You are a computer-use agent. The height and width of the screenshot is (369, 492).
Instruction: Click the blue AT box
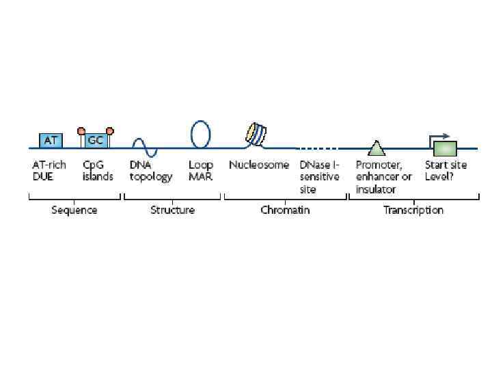point(51,140)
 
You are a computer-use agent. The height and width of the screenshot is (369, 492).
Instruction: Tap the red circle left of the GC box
point(81,130)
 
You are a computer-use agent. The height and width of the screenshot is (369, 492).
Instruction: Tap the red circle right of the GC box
point(109,130)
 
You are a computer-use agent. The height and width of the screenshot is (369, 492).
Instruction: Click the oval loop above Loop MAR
point(200,134)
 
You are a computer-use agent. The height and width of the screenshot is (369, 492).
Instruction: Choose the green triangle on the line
point(375,147)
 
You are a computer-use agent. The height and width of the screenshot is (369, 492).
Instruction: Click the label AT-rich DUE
point(49,171)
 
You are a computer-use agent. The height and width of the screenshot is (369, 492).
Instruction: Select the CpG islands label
point(98,171)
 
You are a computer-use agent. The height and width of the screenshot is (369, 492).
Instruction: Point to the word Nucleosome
point(259,165)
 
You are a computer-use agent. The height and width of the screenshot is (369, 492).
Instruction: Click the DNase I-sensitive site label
point(319,177)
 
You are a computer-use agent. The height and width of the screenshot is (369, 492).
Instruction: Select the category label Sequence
point(74,210)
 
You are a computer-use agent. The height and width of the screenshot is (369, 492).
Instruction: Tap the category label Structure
point(172,210)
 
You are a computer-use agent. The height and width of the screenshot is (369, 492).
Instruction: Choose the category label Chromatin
point(285,210)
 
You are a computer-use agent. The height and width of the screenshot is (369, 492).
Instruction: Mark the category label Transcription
point(413,210)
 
